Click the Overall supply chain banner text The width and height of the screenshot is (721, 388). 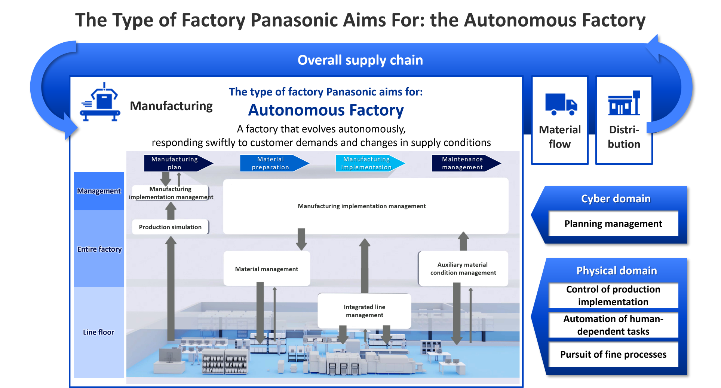360,60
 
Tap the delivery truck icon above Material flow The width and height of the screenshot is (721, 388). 561,104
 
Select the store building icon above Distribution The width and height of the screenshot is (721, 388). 624,103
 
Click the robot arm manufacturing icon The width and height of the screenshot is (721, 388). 100,103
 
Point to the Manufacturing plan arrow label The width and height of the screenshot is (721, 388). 174,163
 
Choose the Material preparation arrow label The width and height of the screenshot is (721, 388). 270,163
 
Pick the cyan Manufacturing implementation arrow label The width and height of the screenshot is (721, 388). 366,163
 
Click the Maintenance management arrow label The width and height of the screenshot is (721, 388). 462,163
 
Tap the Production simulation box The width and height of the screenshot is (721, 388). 170,227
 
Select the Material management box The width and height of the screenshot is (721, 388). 267,269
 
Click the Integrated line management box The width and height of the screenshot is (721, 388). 364,311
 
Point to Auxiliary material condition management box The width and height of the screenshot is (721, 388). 463,269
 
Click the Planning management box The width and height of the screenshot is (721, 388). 613,224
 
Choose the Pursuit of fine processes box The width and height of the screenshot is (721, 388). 613,354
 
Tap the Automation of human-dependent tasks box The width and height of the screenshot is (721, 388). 613,325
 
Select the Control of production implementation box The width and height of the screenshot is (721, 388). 613,295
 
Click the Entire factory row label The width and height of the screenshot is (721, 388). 99,249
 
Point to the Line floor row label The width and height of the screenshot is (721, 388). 99,332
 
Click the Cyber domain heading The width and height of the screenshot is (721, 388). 616,198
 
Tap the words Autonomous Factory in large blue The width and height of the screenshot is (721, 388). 326,110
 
